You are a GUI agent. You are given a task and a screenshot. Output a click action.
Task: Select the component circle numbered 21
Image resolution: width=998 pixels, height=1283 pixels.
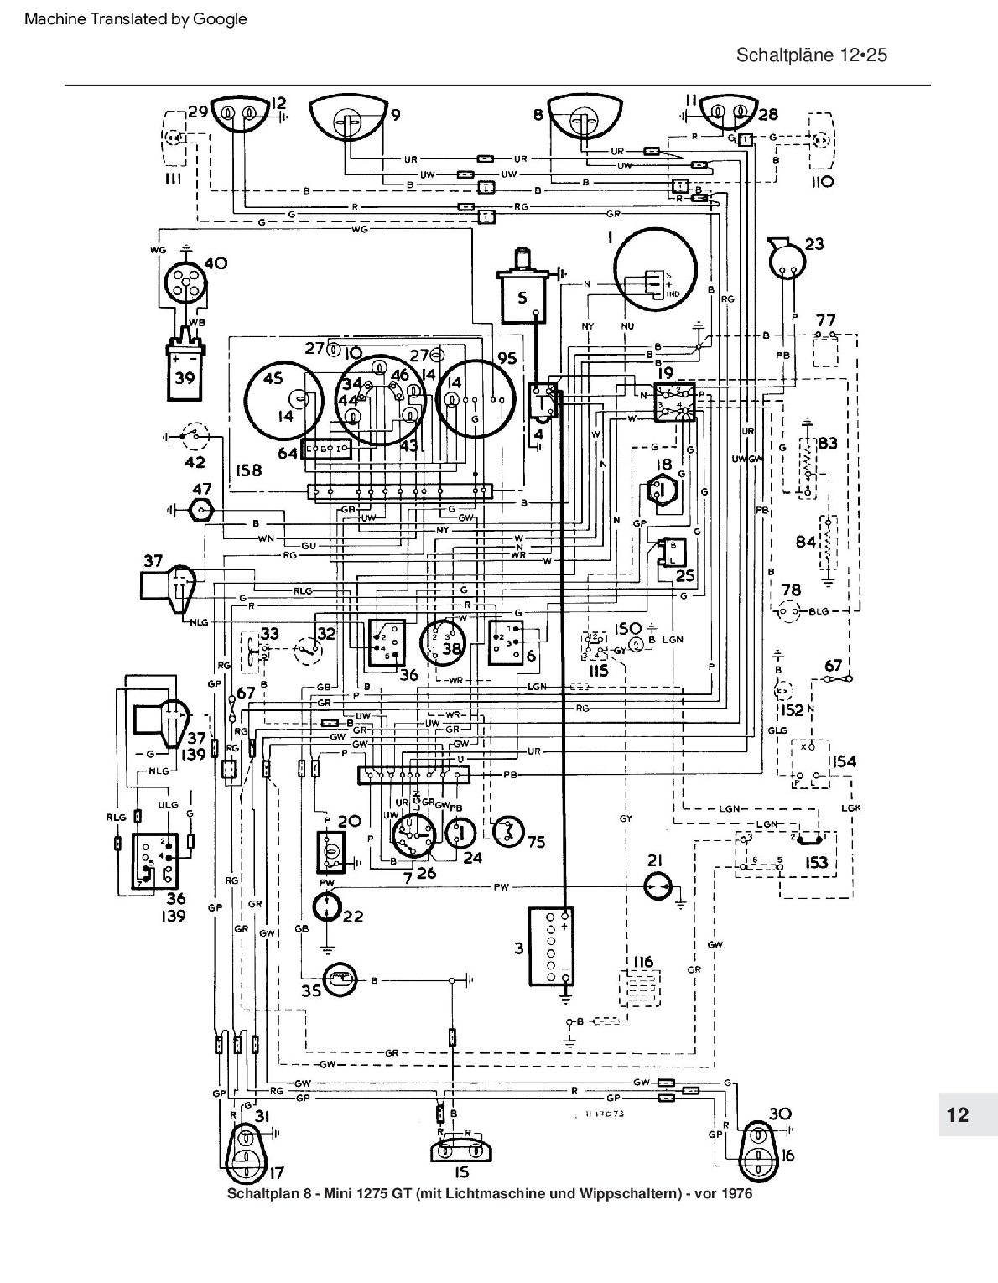(x=658, y=886)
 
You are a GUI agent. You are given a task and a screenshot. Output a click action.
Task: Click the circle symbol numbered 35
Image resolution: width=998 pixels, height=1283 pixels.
(x=339, y=980)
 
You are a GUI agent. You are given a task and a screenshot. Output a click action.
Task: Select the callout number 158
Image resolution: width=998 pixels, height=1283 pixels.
(x=246, y=470)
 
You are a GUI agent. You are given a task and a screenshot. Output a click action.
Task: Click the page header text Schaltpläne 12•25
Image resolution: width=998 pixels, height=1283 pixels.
(x=811, y=55)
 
